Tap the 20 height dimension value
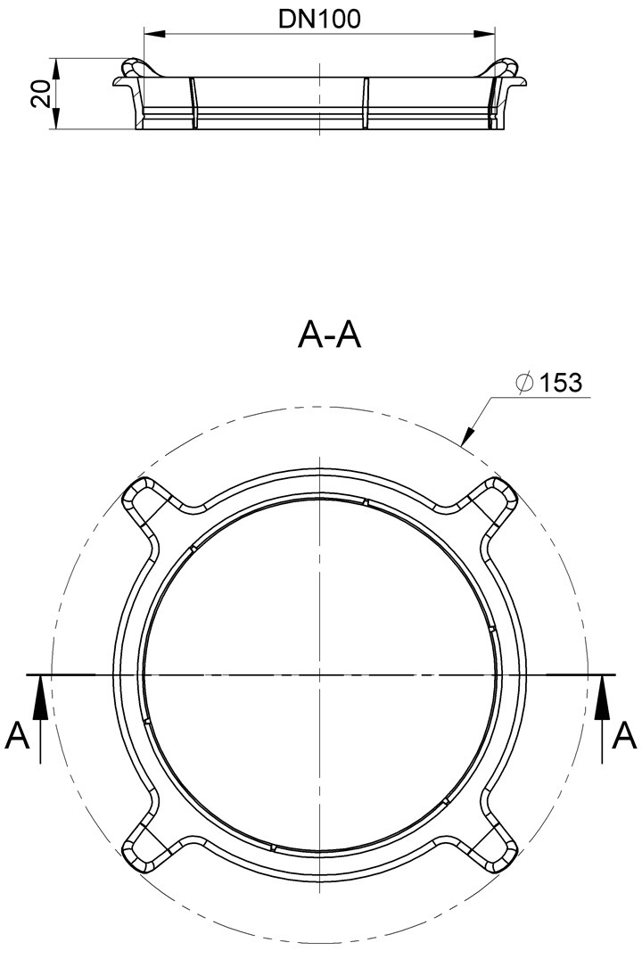click(x=40, y=95)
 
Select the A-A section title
click(x=329, y=335)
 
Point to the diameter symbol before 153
click(x=524, y=384)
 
